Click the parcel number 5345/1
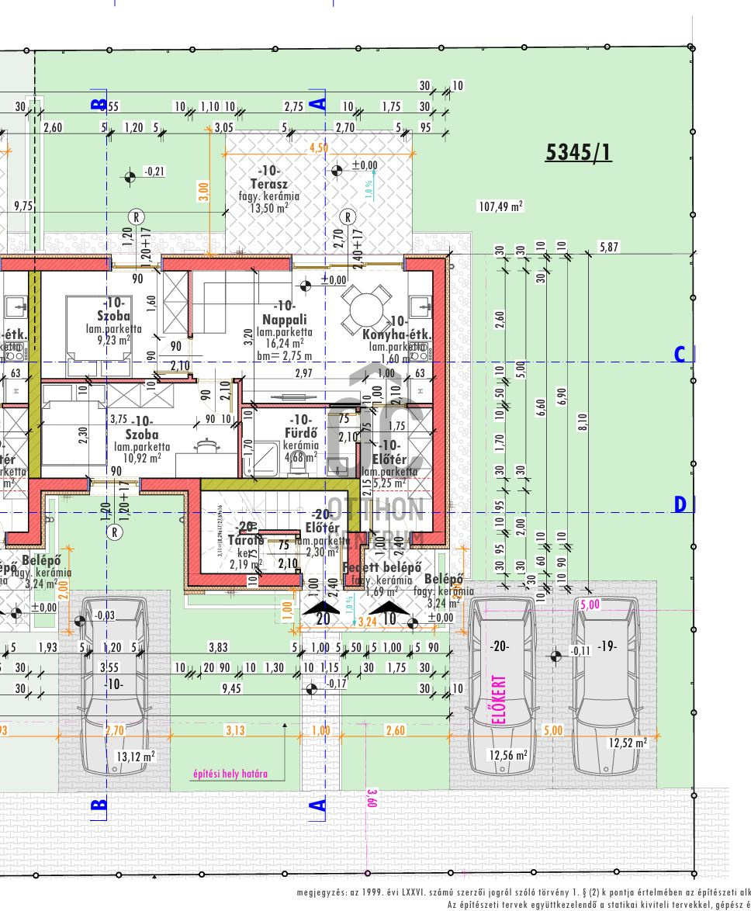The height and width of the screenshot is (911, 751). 578,152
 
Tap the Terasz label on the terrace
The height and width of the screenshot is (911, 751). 269,185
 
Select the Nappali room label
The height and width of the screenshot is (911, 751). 284,319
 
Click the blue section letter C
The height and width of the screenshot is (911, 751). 680,355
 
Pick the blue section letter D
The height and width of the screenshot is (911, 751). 680,505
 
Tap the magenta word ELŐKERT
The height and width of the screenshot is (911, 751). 500,700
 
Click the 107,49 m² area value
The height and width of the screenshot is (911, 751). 500,206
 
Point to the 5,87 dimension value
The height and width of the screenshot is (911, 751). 610,248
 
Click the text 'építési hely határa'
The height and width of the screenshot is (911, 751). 230,774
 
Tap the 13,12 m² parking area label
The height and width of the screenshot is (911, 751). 136,757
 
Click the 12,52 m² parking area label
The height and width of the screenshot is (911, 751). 628,743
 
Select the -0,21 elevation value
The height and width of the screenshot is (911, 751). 154,171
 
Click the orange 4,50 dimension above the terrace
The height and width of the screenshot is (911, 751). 318,147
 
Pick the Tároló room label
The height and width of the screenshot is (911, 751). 247,540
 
